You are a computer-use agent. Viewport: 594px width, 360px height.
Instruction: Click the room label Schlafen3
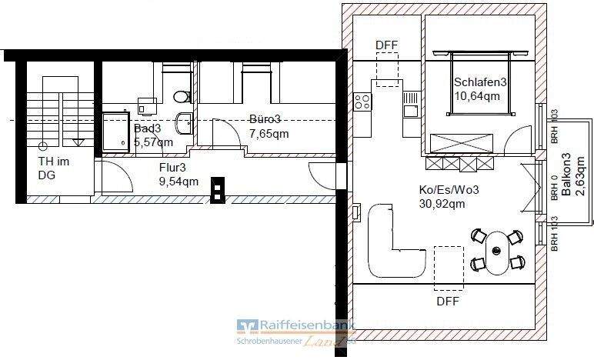(479, 82)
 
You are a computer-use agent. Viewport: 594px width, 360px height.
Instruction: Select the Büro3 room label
(265, 119)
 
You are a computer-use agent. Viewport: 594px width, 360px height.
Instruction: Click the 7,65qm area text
(269, 133)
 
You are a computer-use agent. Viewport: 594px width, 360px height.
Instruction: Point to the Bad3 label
(148, 128)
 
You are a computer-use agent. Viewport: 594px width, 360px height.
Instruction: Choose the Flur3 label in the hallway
(172, 167)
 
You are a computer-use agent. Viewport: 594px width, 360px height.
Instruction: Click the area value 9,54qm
(179, 182)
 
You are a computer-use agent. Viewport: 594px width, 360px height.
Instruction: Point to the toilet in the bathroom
(181, 96)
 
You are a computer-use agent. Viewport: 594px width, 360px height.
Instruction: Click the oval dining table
(497, 250)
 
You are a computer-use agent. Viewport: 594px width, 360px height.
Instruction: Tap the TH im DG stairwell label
(55, 168)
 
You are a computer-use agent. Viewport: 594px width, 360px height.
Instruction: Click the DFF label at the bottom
(447, 302)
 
